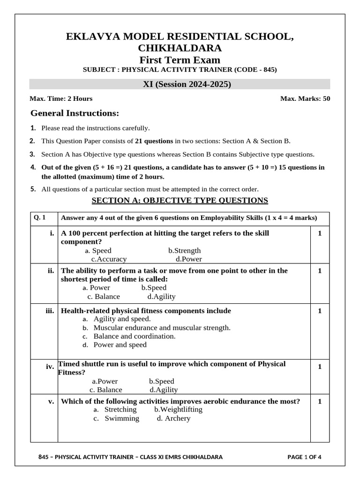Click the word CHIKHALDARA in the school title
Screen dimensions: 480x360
(x=180, y=48)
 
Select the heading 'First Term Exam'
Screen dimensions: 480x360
(x=180, y=60)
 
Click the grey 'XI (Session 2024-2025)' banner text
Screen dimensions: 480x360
(x=180, y=84)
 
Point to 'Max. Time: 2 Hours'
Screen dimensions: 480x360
(x=61, y=98)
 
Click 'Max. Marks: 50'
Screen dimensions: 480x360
(x=305, y=98)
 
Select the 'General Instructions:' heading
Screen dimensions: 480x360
(x=75, y=113)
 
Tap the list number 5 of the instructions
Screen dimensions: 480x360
(x=33, y=189)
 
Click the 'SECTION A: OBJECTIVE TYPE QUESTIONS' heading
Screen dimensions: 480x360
(x=180, y=201)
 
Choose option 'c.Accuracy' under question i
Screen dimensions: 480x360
(x=109, y=259)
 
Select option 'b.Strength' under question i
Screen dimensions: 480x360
(x=184, y=250)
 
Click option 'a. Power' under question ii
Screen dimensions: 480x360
(x=96, y=287)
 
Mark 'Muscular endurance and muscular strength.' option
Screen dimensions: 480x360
(x=162, y=328)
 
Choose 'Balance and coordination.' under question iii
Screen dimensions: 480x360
(x=135, y=336)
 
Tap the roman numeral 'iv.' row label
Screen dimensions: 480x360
(x=50, y=367)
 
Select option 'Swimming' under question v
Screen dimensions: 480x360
(x=122, y=418)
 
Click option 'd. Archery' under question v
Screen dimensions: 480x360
(x=174, y=418)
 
